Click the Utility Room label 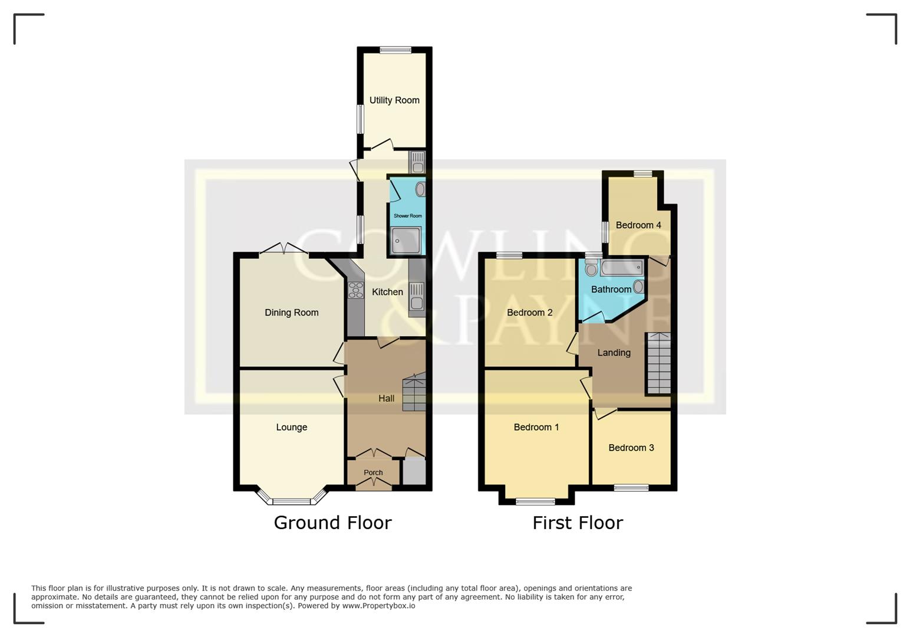point(394,100)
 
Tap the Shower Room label point(407,216)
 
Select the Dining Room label point(291,313)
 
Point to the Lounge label point(291,427)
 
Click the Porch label point(373,472)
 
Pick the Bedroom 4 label point(638,225)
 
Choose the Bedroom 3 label point(631,448)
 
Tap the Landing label point(614,353)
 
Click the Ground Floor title point(332,523)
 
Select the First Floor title point(578,523)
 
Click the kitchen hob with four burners point(356,290)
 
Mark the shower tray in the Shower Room point(405,241)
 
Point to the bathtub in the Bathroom point(621,268)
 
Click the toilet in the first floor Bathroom point(591,270)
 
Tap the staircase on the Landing point(658,363)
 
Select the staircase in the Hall point(414,392)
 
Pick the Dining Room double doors point(284,250)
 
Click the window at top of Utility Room point(395,51)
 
